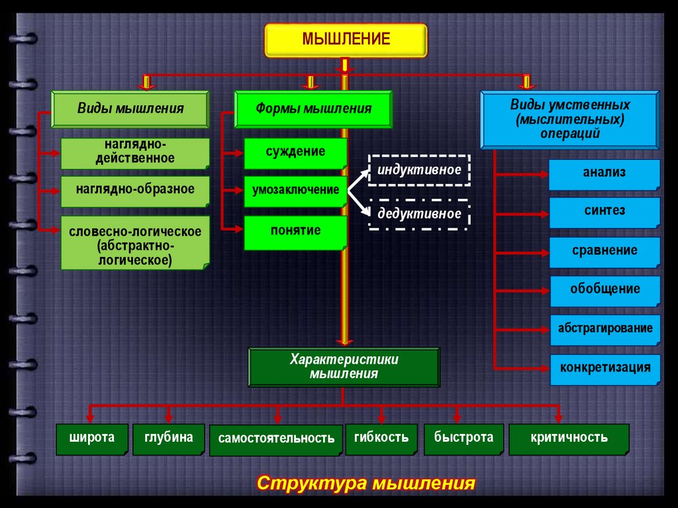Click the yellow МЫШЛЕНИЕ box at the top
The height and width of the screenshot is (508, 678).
(x=346, y=40)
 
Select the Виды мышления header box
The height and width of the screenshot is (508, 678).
(x=130, y=109)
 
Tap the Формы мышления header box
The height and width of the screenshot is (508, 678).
(x=313, y=109)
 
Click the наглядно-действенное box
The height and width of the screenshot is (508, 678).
(x=135, y=152)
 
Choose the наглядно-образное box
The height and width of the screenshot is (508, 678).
(x=135, y=190)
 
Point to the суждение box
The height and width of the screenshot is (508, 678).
(x=295, y=152)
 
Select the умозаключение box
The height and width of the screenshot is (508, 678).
(x=295, y=191)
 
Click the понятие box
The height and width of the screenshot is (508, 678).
(x=295, y=232)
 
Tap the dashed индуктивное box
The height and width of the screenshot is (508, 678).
(x=419, y=170)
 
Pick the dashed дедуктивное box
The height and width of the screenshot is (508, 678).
(x=419, y=214)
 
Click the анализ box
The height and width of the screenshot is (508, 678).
(x=604, y=174)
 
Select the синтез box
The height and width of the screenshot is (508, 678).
(x=604, y=212)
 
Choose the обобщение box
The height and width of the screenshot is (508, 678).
(x=604, y=290)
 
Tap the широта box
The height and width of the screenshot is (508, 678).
(x=92, y=438)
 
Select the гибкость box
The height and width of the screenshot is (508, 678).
(x=381, y=438)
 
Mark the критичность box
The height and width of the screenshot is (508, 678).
(x=569, y=438)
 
